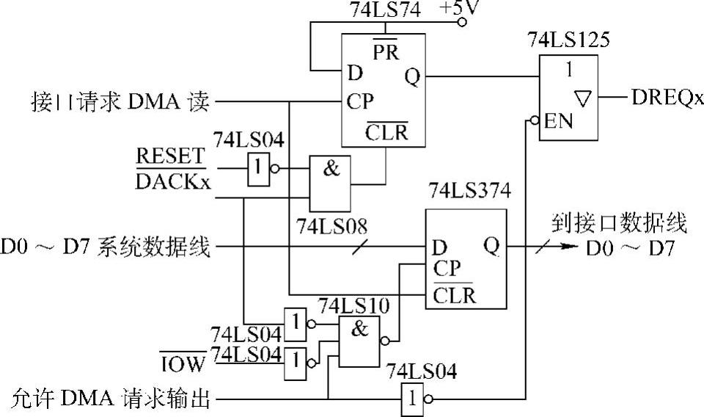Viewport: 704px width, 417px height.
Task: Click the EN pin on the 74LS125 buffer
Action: click(x=557, y=119)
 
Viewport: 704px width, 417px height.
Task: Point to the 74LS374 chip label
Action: click(x=469, y=193)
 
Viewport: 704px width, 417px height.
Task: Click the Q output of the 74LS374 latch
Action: click(x=491, y=247)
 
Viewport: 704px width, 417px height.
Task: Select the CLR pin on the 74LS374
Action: click(x=453, y=296)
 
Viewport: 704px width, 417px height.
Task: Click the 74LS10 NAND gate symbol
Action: click(x=359, y=340)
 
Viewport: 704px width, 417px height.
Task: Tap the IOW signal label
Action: click(x=183, y=360)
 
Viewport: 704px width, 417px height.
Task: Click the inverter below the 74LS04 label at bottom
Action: click(x=415, y=399)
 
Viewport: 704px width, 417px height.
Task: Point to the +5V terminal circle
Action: click(x=462, y=22)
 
